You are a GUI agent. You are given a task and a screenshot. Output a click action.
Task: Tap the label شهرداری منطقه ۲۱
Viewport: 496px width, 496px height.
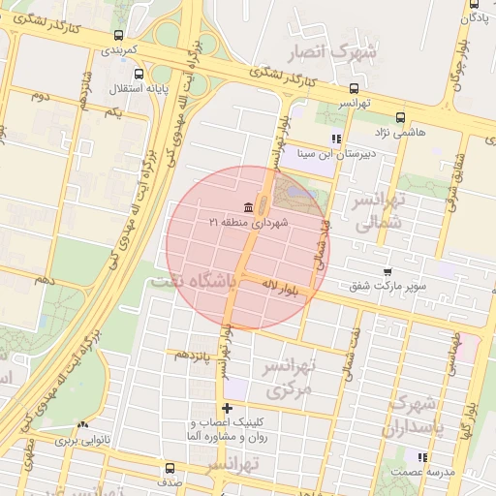249,222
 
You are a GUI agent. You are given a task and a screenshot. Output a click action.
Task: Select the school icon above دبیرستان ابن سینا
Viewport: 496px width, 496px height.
336,139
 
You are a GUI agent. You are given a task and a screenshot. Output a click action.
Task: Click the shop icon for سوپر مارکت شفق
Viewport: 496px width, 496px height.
387,272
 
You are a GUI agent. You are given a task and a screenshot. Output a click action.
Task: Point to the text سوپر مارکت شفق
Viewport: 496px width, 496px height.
387,286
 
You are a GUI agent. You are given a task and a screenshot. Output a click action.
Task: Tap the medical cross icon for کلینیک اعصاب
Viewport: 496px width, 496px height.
227,408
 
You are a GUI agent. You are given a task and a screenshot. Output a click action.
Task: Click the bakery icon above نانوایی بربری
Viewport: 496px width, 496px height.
82,424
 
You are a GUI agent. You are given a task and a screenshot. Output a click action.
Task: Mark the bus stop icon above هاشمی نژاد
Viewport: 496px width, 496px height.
388,113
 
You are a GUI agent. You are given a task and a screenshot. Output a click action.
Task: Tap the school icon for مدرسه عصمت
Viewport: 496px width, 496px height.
421,457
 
